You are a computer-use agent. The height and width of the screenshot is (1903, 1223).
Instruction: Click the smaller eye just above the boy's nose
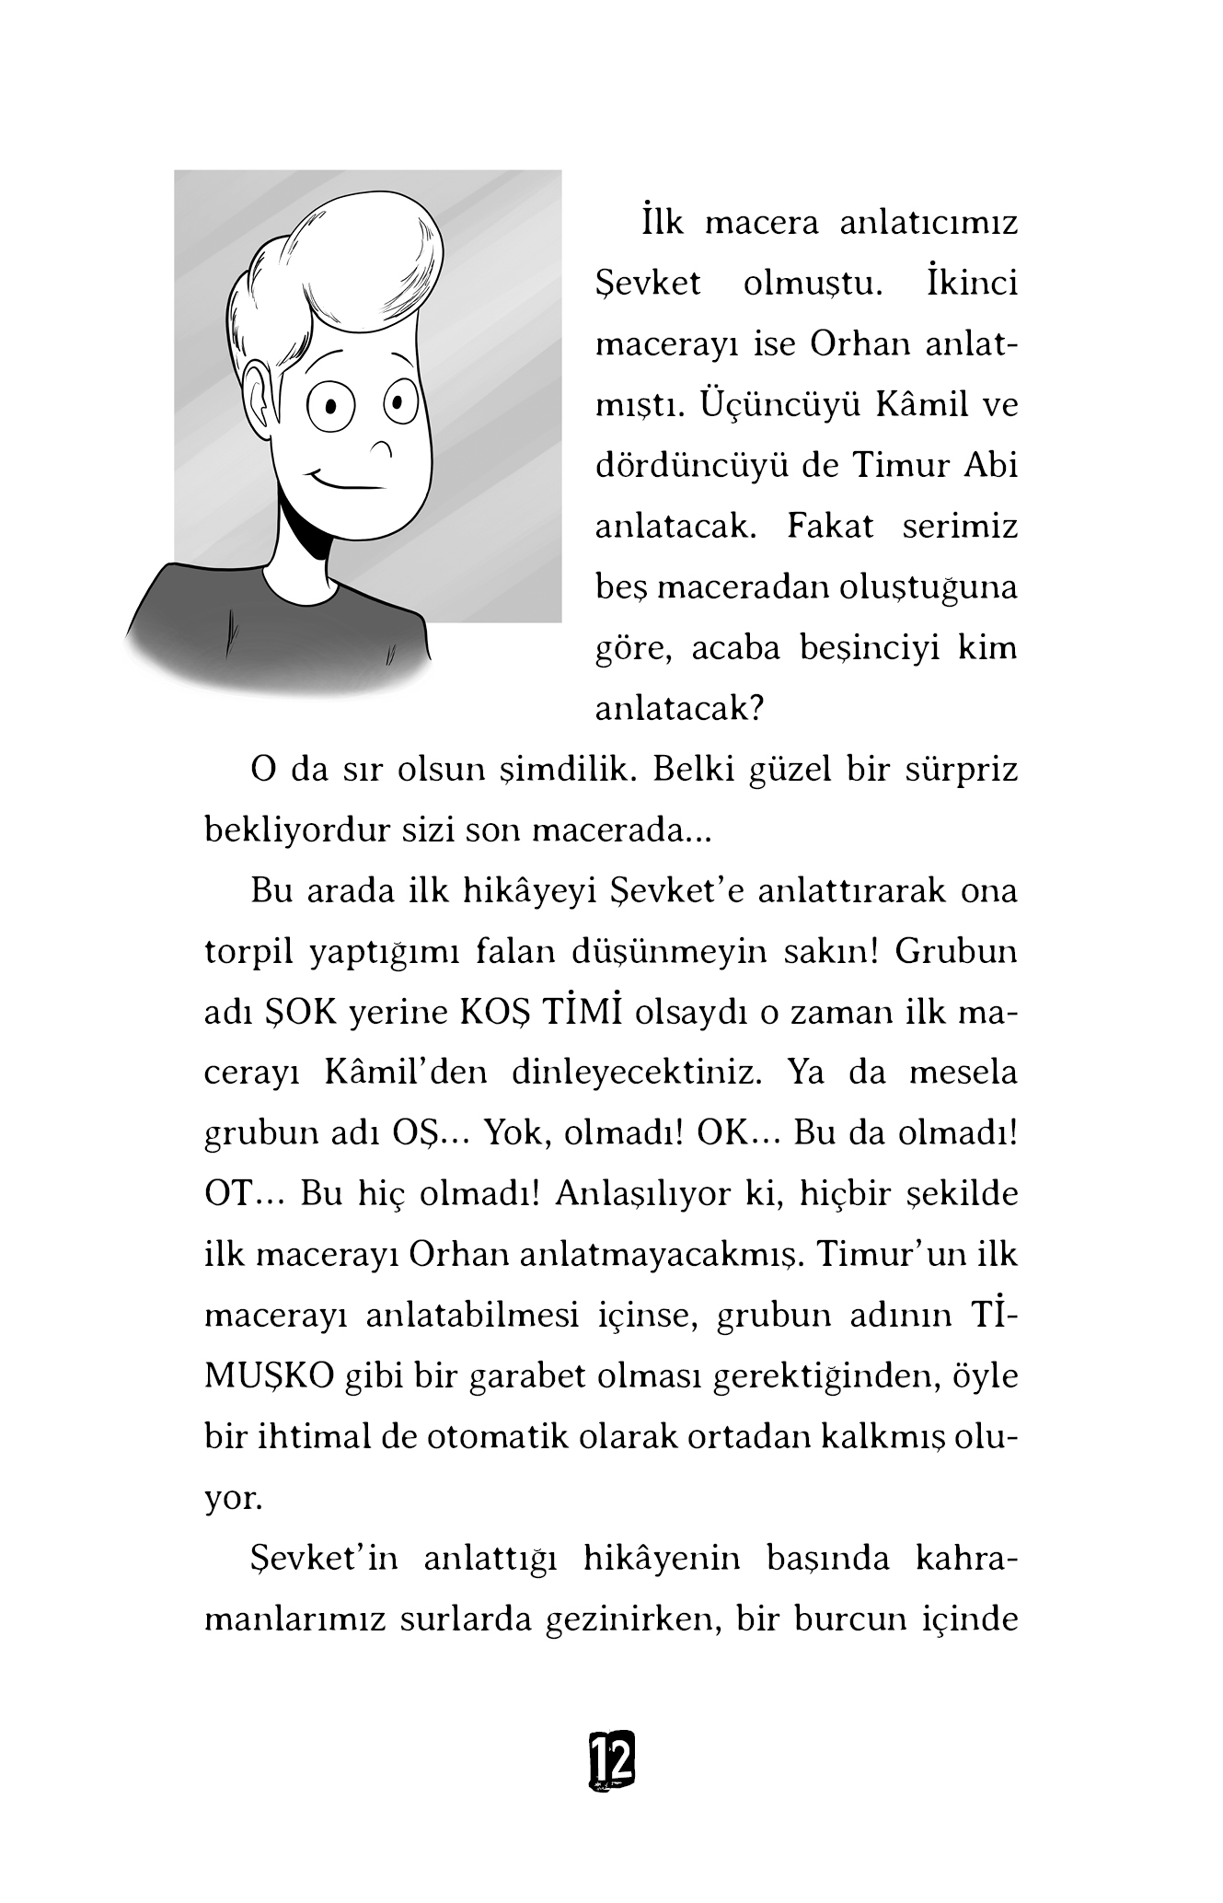point(397,402)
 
